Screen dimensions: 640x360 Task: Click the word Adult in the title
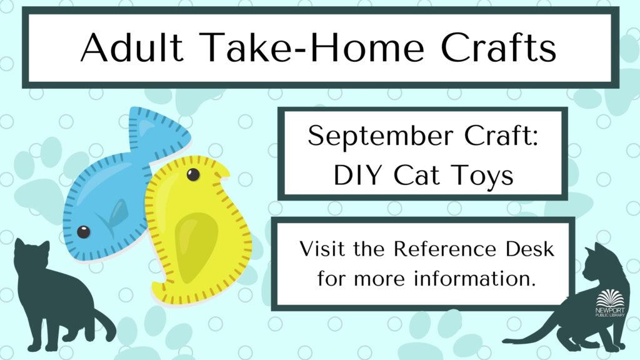click(x=131, y=47)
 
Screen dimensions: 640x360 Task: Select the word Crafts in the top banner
click(x=498, y=47)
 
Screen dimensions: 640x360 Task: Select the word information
click(x=474, y=279)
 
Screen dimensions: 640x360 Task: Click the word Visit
click(x=322, y=249)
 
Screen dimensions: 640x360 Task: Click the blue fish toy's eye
click(x=83, y=232)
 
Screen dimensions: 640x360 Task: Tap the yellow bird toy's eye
click(x=193, y=175)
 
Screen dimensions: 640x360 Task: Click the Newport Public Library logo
click(x=610, y=303)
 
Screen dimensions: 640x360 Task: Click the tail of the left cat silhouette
click(x=104, y=324)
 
